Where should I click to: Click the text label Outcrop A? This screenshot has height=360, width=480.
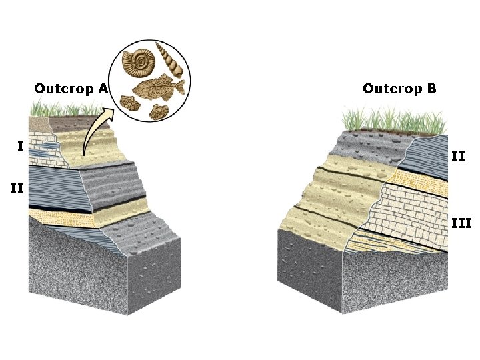(x=71, y=89)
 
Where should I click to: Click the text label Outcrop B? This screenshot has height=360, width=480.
(x=399, y=89)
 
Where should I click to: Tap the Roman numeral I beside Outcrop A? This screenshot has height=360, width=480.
(x=21, y=146)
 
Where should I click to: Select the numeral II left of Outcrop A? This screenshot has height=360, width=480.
(x=16, y=189)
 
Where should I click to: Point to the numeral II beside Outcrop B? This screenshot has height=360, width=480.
(x=458, y=157)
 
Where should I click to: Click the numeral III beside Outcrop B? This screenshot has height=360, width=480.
(x=461, y=223)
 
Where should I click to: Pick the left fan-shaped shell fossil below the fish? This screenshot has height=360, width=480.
(x=129, y=103)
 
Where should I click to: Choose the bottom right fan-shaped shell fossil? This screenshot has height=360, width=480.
(x=159, y=111)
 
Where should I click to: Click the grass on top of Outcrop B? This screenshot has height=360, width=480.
(x=393, y=121)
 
